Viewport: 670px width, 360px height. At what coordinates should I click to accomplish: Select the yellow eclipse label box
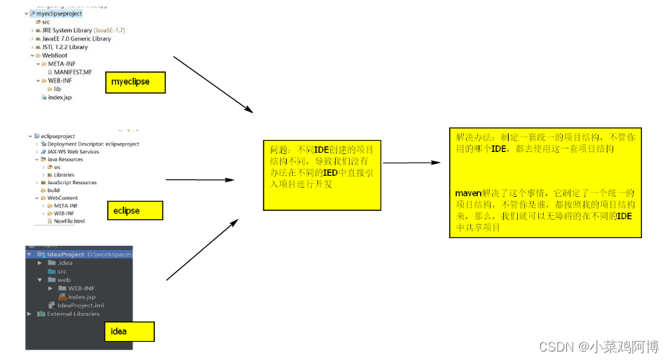click(x=137, y=210)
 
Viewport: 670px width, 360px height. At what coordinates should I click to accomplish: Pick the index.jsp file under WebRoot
click(x=60, y=97)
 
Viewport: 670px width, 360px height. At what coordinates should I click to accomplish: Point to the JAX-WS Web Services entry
click(x=73, y=151)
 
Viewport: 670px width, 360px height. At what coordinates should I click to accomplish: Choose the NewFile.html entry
click(x=69, y=221)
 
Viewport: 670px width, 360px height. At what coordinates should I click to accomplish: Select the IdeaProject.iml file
click(x=80, y=305)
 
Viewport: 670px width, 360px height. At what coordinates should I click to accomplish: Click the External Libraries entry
click(x=73, y=314)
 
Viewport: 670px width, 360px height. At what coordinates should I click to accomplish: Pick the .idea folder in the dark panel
click(x=64, y=263)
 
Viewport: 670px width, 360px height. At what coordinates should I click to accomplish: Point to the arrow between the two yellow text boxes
click(x=411, y=163)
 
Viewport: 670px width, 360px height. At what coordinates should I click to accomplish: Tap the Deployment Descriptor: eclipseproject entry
click(x=93, y=144)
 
